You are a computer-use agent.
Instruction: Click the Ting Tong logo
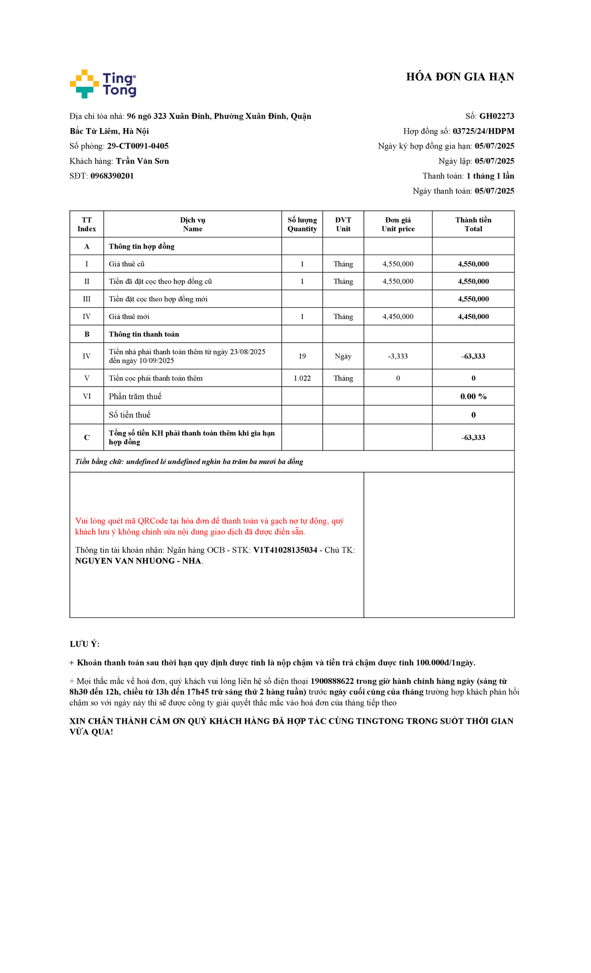tap(103, 84)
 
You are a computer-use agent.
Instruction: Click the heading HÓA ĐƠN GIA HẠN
tap(460, 77)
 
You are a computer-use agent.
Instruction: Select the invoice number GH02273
tap(496, 116)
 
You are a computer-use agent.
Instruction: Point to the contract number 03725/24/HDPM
tap(483, 131)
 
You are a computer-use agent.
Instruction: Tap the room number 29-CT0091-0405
tap(138, 146)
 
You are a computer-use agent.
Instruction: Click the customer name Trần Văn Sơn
tap(142, 161)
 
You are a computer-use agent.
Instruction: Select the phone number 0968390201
tap(112, 176)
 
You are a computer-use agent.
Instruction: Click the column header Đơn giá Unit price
tap(398, 224)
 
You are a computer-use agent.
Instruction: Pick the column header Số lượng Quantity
tap(302, 224)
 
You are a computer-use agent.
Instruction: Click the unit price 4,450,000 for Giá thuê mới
tap(398, 317)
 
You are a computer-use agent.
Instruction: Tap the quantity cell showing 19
tap(302, 356)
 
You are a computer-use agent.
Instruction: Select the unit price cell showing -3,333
tap(398, 356)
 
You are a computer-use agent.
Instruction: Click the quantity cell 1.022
tap(302, 378)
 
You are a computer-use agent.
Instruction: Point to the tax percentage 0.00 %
tap(473, 396)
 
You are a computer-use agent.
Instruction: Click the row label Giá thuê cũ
tap(127, 264)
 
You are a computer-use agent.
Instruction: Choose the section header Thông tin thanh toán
tap(144, 334)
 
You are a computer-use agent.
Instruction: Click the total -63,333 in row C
tap(473, 437)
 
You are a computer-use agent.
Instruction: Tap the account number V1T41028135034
tap(285, 550)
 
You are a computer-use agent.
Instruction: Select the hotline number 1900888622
tap(332, 681)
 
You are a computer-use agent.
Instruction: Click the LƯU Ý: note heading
tap(84, 644)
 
